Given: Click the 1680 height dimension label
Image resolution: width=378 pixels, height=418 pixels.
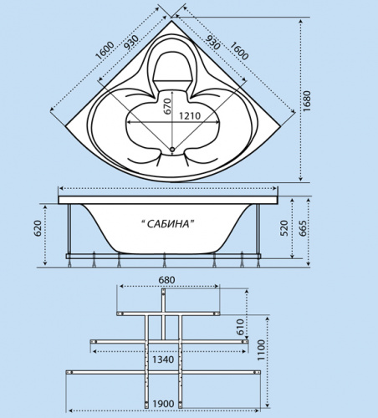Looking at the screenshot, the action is pos(307,101).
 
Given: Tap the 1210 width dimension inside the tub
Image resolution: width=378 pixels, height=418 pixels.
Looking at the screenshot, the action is pos(190,115).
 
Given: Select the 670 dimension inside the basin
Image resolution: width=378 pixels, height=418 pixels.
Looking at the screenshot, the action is pos(167,106).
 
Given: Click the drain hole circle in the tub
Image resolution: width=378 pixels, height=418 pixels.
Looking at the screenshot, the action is pos(172,150).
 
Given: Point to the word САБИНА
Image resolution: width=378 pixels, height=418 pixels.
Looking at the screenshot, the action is pos(168,224).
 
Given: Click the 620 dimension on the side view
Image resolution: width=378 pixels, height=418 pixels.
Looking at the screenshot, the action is pos(38,228).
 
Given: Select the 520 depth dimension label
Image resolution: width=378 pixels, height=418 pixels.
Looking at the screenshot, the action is pos(284,228).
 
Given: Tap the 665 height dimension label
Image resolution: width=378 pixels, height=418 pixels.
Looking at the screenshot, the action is pos(303,228).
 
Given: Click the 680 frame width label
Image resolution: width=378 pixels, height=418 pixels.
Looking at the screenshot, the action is pos(166,280).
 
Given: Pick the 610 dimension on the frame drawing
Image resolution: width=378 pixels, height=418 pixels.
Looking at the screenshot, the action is pos(240,327).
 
